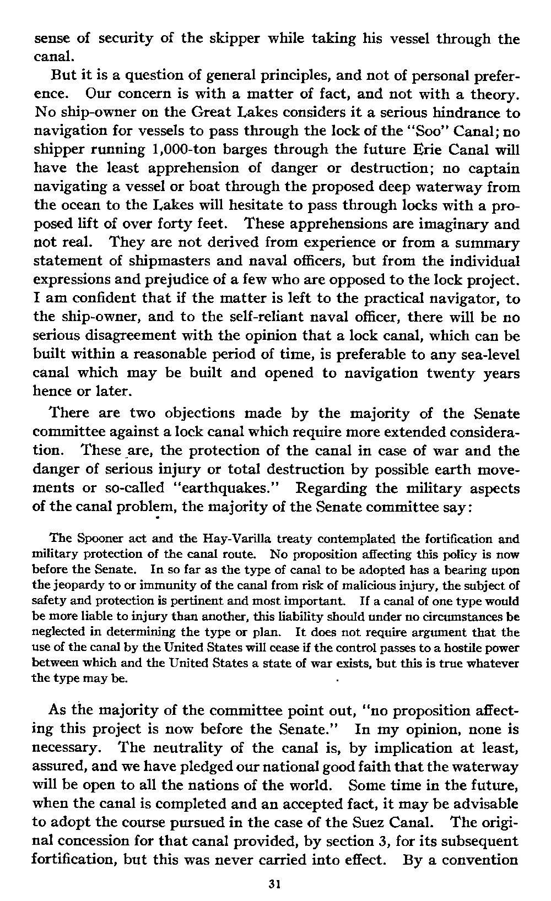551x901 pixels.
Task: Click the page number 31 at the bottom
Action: tap(274, 885)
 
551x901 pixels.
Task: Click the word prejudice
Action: tap(165, 280)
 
